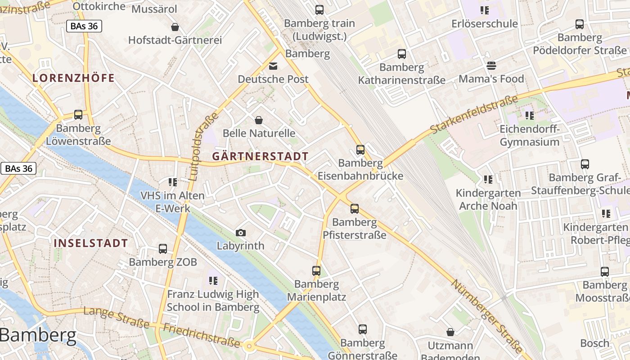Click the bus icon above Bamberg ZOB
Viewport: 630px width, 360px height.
[163, 248]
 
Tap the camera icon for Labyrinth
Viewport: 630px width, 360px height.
[241, 233]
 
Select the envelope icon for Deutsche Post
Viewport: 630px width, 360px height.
[273, 66]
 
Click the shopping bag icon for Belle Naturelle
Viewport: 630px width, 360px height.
[259, 120]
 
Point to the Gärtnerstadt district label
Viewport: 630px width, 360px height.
[260, 157]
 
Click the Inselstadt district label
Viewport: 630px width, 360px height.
[91, 243]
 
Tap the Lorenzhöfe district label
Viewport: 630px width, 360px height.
[73, 78]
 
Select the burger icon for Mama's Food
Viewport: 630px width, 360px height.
[491, 66]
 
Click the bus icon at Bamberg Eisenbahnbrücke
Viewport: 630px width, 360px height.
[360, 150]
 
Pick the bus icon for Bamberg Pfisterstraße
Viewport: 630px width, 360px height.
[355, 208]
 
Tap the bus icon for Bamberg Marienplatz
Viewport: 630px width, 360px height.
[316, 271]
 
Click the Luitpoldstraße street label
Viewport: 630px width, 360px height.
[201, 146]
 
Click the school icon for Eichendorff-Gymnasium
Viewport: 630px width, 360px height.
[530, 116]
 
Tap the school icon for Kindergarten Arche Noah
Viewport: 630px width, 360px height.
[488, 180]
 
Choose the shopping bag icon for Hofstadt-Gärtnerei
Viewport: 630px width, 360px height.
[175, 27]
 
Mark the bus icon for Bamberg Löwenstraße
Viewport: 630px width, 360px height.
[78, 115]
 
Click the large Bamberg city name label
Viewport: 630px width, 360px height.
[38, 336]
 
